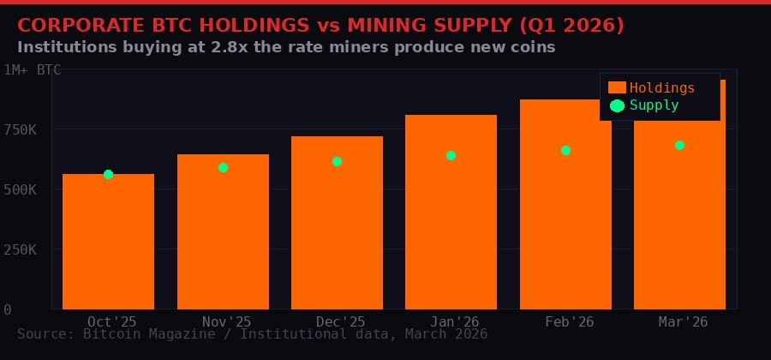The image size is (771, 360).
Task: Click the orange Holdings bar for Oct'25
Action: [x=108, y=244]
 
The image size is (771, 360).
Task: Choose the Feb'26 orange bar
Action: [x=565, y=206]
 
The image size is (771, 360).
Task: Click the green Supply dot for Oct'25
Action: [x=108, y=174]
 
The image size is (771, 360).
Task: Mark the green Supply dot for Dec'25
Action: [x=337, y=161]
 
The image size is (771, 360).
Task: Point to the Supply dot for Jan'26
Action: [x=451, y=155]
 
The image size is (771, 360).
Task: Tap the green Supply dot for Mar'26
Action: [x=679, y=145]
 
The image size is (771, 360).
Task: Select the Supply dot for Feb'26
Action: [x=565, y=150]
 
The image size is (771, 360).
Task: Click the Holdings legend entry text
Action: [x=662, y=87]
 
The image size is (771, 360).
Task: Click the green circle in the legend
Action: [x=617, y=105]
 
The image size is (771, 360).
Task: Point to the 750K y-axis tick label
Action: [x=20, y=129]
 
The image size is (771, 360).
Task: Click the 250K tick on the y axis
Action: [x=20, y=249]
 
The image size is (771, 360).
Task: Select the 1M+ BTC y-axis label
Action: [x=33, y=70]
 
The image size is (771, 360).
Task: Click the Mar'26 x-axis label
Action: [x=683, y=321]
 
